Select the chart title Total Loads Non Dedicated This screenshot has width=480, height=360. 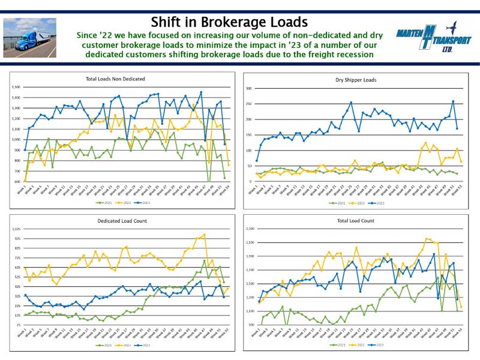[119, 79]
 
